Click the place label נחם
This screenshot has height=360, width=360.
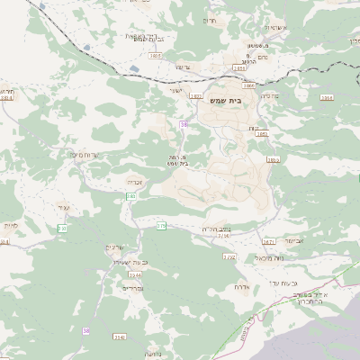pos(241,56)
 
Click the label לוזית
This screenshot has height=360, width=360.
pos(10,224)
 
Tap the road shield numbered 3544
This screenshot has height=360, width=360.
pos(134,274)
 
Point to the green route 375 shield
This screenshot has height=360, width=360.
pos(161,226)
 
